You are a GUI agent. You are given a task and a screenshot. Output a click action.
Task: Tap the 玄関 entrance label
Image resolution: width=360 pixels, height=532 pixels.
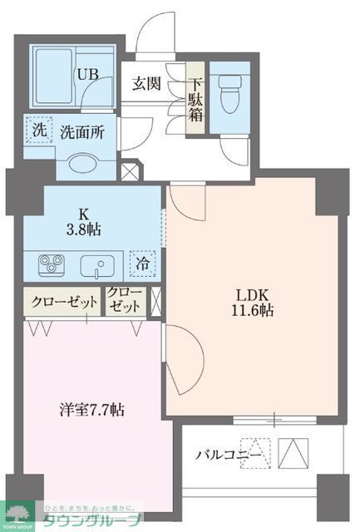[147, 84]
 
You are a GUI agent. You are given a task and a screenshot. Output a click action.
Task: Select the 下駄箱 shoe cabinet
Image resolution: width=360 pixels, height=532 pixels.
[195, 99]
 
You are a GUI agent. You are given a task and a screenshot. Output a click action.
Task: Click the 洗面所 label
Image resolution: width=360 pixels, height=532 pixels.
[81, 132]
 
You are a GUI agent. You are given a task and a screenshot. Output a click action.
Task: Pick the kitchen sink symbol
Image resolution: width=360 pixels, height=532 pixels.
[99, 266]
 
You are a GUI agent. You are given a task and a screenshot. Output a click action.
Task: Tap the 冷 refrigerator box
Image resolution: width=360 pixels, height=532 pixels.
[145, 264]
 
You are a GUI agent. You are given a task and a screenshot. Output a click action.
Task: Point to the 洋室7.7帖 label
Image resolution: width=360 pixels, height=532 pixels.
[92, 409]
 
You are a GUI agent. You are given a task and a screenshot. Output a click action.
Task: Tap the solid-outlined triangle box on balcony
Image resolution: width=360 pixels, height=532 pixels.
[296, 454]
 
